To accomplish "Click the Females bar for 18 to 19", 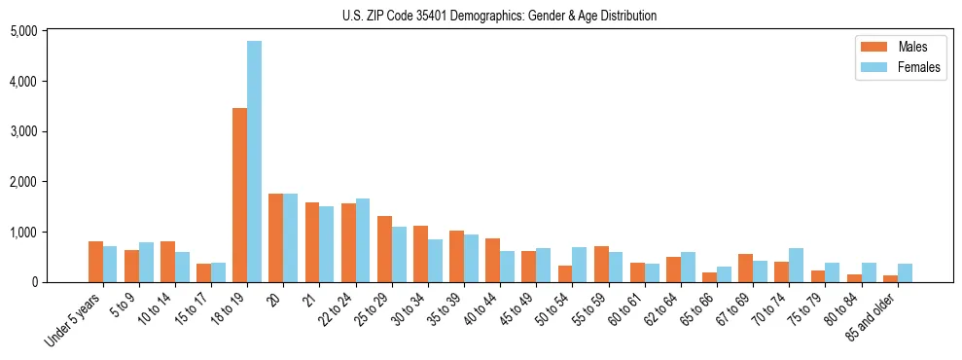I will [x=254, y=162].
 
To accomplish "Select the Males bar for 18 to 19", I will [x=239, y=195].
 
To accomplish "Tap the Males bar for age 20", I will [x=275, y=237].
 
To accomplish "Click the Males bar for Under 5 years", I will [x=95, y=262].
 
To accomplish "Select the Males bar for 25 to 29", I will [x=384, y=249].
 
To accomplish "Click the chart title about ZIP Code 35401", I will [x=499, y=16].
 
